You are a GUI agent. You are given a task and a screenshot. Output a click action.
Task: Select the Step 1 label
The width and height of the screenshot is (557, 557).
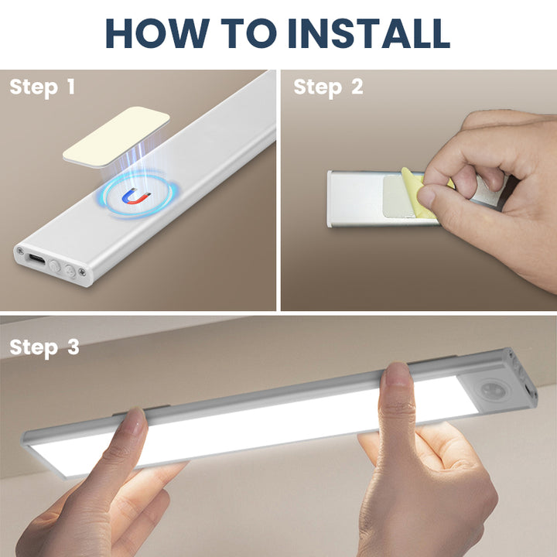pyautogui.click(x=42, y=87)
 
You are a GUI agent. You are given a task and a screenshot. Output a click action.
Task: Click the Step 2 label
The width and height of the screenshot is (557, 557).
pyautogui.click(x=328, y=87)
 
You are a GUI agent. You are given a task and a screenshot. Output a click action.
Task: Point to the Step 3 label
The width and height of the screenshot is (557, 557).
pyautogui.click(x=44, y=347)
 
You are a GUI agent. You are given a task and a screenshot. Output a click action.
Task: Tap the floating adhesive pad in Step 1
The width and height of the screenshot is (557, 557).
pyautogui.click(x=116, y=135)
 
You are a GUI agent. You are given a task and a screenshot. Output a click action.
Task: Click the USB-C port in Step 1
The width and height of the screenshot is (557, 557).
pyautogui.click(x=36, y=258)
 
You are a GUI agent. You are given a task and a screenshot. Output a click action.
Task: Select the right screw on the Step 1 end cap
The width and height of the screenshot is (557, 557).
pyautogui.click(x=82, y=271)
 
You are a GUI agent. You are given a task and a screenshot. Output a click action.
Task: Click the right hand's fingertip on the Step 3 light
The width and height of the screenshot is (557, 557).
pyautogui.click(x=396, y=378)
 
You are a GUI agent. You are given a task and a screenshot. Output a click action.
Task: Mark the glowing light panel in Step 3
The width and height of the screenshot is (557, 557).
pyautogui.click(x=255, y=429)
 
